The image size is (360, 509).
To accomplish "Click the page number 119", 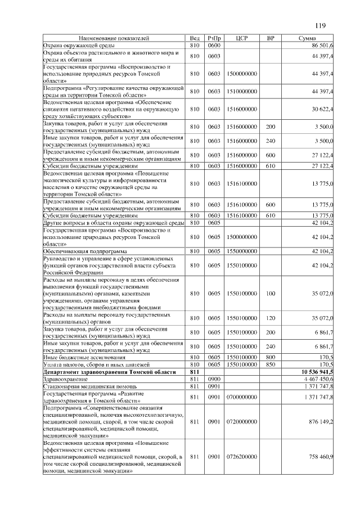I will [x=321, y=25].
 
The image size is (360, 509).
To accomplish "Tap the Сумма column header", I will [x=309, y=38].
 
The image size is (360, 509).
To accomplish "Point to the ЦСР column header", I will [x=242, y=38].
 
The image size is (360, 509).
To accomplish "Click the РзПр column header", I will [x=214, y=38].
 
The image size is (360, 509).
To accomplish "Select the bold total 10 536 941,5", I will [x=313, y=372].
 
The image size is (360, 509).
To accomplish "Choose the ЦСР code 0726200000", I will [x=242, y=457].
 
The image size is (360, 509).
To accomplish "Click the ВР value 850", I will [x=271, y=365].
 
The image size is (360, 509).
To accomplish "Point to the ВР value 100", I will [x=271, y=293].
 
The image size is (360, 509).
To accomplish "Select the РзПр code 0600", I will [x=214, y=44].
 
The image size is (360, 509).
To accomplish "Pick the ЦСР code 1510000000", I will [x=242, y=90].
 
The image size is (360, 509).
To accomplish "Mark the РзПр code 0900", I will [x=214, y=380].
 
